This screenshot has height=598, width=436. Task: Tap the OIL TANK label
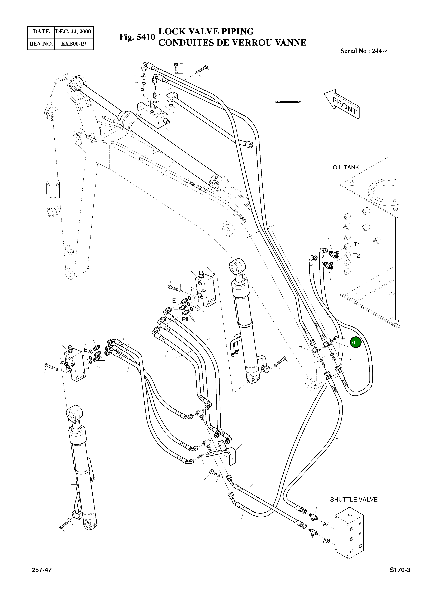346,167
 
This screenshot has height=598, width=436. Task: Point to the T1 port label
357,244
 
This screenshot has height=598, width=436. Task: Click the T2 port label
357,256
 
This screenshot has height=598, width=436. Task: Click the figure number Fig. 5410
137,37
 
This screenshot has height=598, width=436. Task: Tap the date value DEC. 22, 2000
73,32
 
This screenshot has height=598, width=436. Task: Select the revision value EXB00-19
73,43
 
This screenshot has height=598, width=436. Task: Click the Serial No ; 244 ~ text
363,51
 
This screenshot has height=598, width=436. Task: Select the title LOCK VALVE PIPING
206,31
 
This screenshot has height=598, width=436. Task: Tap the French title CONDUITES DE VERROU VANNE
232,43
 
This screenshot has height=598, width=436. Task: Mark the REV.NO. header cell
41,43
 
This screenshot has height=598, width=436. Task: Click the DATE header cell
41,32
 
